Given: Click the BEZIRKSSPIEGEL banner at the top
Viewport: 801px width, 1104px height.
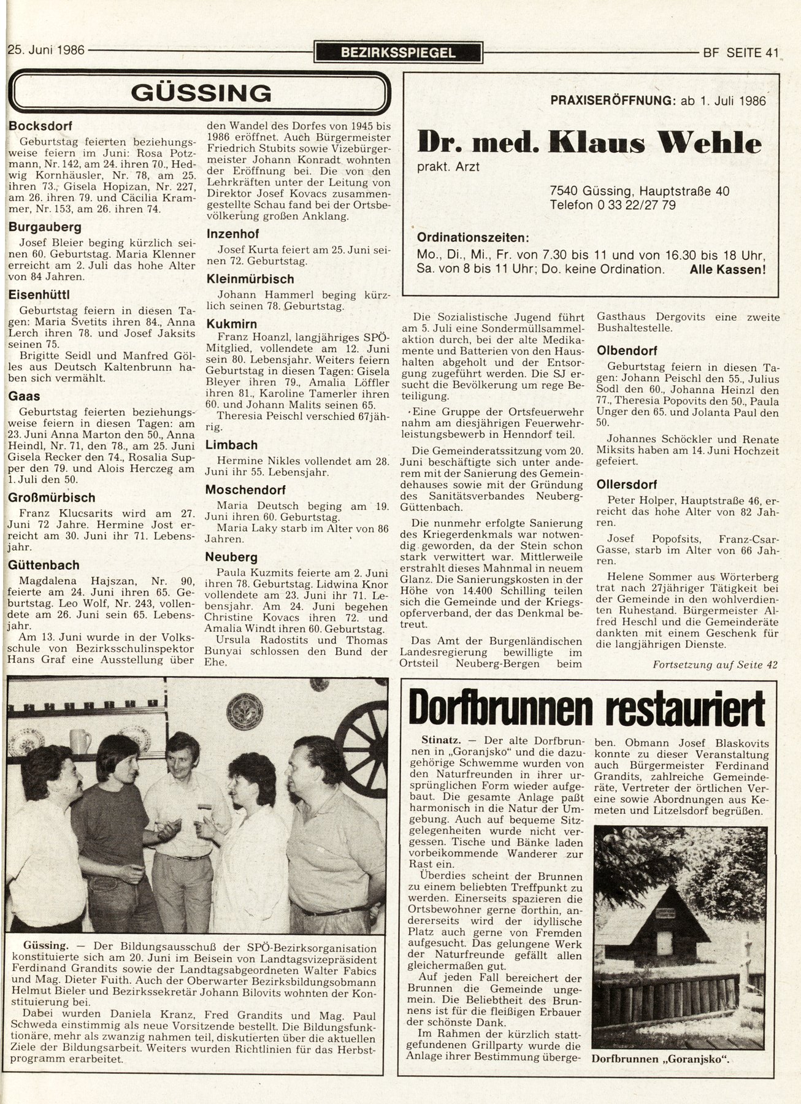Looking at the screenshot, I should (398, 53).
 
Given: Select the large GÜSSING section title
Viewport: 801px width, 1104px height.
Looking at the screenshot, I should (201, 93).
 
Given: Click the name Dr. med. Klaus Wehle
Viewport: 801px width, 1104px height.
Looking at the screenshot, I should (589, 143).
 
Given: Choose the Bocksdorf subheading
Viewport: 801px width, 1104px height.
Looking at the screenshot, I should (40, 126).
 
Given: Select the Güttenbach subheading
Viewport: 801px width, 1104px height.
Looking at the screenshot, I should (44, 565).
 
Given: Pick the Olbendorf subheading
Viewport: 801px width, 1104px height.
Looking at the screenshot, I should (627, 351).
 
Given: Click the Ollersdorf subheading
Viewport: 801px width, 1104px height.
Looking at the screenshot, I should (627, 485).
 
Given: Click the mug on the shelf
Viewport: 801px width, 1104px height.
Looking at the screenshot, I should (80, 741).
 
